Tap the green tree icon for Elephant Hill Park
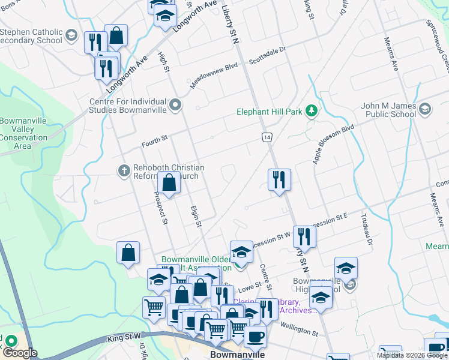tap(311, 110)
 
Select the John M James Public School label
tap(388, 110)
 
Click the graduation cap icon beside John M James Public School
tap(425, 109)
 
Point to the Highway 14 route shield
tap(267, 137)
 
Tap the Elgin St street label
tap(194, 213)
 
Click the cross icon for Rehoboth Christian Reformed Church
tap(124, 172)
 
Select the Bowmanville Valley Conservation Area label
tap(23, 133)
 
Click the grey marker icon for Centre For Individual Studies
tap(175, 106)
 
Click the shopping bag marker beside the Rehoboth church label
tap(169, 183)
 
